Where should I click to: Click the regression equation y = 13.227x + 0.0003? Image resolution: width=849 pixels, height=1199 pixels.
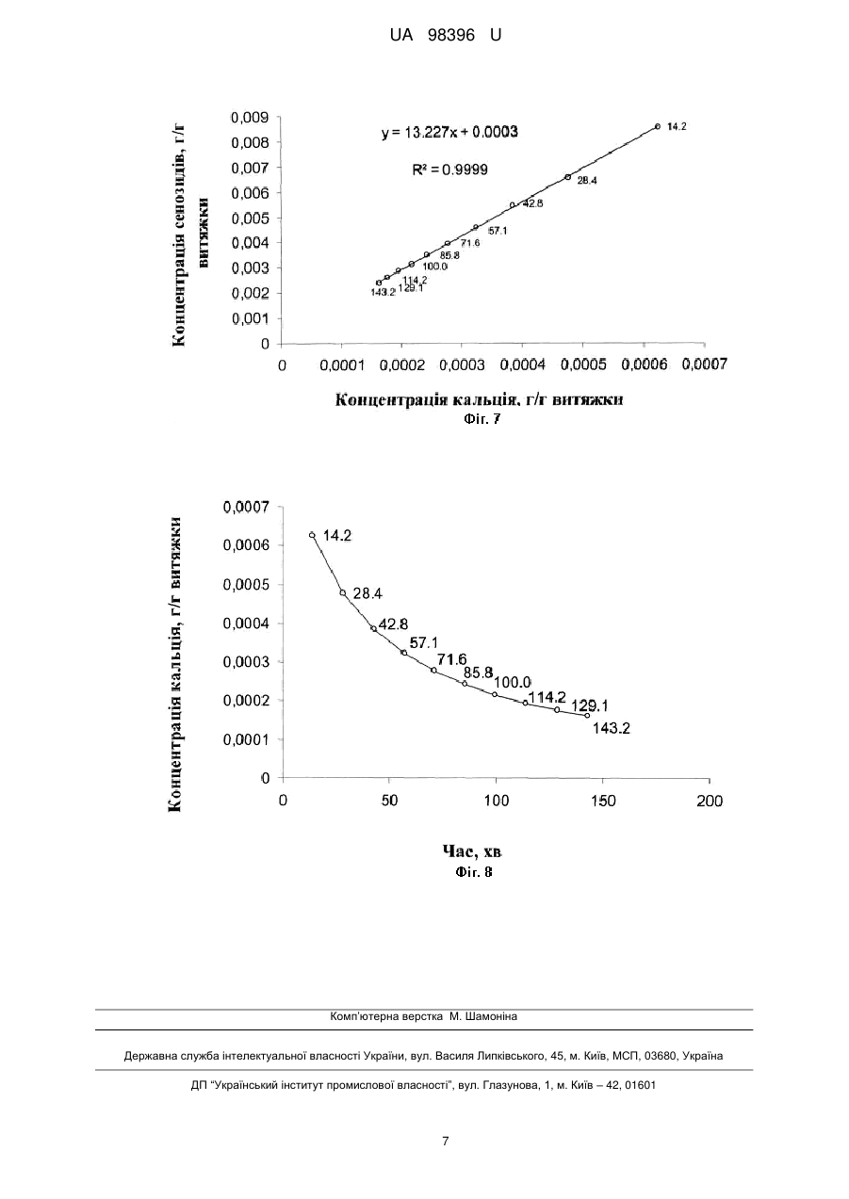coord(449,132)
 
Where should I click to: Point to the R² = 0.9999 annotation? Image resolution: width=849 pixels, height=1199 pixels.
coord(450,170)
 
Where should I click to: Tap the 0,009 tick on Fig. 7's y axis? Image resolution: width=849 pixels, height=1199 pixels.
coord(250,117)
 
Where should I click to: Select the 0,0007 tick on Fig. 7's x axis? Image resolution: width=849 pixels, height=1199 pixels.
coord(705,365)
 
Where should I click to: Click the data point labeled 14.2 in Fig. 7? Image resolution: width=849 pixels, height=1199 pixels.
coord(658,126)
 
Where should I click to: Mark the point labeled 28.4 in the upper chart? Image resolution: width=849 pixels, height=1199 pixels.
coord(568,177)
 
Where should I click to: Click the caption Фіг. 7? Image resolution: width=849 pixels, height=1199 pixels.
coord(482,419)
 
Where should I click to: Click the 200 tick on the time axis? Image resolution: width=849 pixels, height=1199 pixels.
coord(710,801)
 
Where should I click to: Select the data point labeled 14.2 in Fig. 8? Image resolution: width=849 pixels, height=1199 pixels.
coord(312,535)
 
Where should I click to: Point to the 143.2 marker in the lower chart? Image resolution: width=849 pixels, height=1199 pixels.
coord(587,715)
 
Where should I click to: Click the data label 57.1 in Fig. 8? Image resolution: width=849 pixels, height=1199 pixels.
coord(424,642)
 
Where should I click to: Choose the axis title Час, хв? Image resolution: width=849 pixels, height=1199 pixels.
coord(472,851)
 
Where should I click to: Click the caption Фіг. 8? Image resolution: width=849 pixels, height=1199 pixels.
coord(474,872)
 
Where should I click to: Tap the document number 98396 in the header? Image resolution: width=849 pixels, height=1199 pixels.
coord(451,36)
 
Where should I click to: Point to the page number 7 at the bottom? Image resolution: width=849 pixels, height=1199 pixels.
coord(446,1141)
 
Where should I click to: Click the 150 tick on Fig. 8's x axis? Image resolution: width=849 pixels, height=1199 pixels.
coord(603,801)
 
